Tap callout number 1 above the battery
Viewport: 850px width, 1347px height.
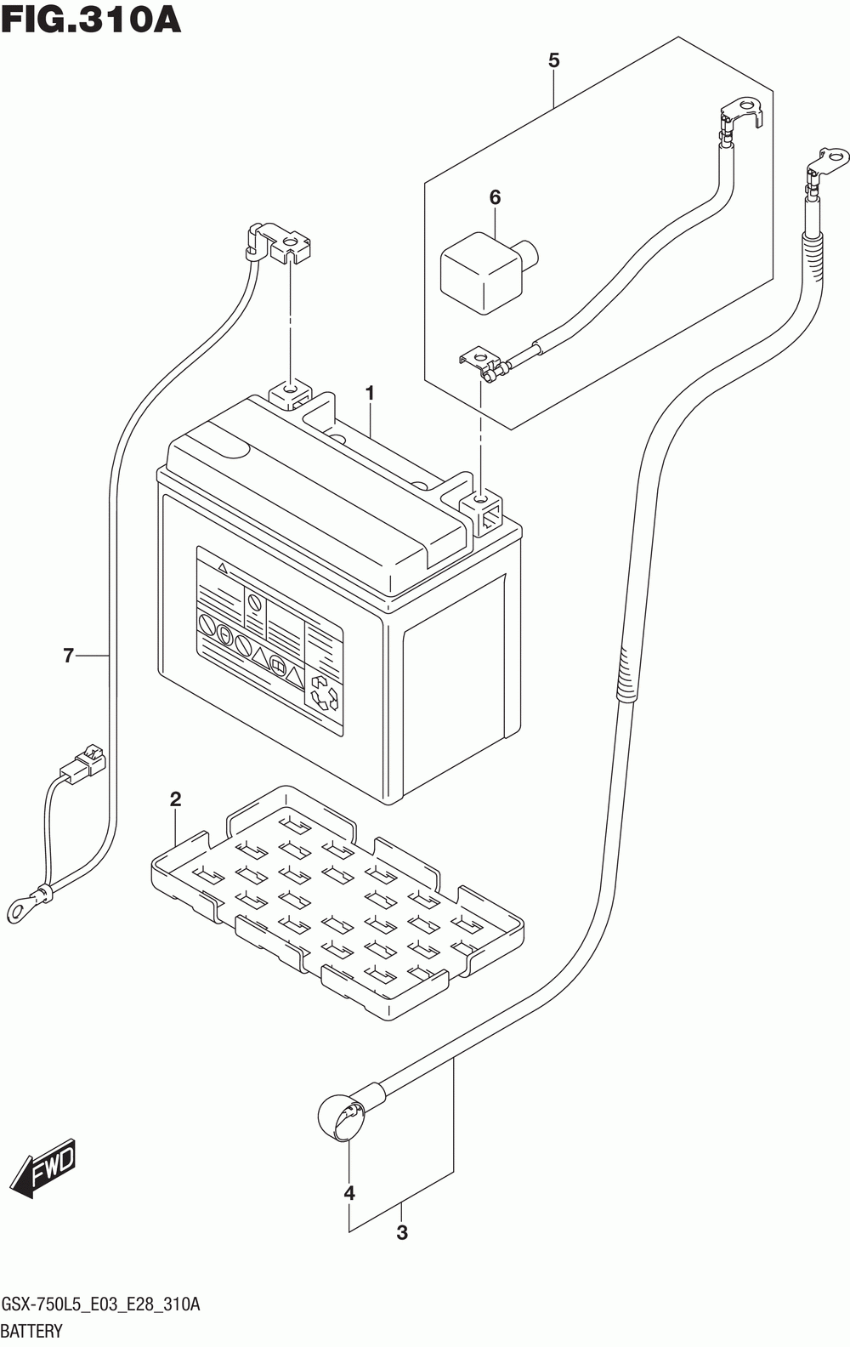coord(370,393)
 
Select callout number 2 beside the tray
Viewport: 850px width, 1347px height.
coord(175,799)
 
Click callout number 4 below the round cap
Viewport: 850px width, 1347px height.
coord(553,60)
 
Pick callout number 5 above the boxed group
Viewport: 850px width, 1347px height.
coord(495,197)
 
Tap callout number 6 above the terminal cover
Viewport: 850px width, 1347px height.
coord(68,655)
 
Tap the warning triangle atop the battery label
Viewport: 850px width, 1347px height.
coord(223,566)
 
